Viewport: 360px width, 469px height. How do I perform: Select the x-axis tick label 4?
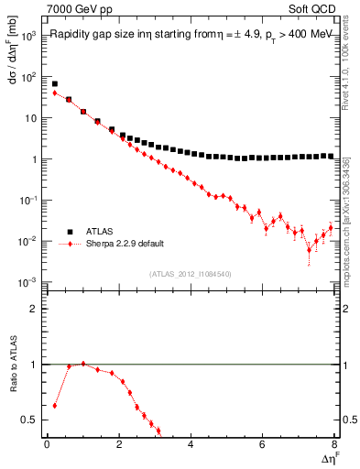(191, 444)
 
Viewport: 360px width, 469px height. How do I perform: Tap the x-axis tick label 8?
(334, 444)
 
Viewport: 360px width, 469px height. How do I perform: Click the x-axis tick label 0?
(47, 444)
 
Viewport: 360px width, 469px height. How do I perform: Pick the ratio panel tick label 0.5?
(29, 420)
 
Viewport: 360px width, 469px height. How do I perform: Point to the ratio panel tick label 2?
(33, 309)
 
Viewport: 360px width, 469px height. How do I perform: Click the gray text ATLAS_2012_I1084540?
(191, 273)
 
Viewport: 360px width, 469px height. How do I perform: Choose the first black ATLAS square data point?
(55, 83)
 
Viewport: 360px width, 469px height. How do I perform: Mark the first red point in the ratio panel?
(55, 405)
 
